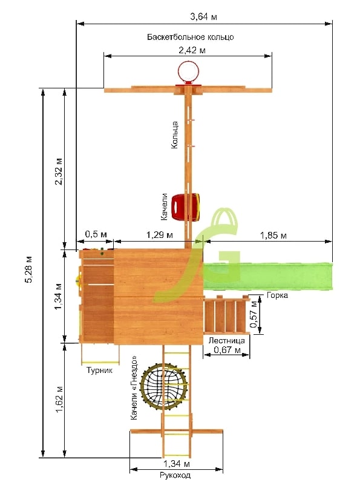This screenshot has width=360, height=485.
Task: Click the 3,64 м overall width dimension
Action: [203, 16]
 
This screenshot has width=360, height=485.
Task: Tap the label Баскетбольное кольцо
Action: [191, 37]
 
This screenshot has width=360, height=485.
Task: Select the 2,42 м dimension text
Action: [192, 50]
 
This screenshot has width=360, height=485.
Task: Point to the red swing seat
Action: [185, 206]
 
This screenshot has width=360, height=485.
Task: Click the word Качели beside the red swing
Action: [164, 206]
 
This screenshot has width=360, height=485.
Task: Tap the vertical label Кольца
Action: [175, 135]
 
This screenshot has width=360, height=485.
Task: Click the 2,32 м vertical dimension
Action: [59, 172]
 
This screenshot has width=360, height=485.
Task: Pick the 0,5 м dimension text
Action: [96, 234]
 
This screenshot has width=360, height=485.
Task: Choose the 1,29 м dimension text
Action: [160, 235]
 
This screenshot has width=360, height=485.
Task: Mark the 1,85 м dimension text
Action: [273, 236]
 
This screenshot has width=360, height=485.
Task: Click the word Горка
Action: [277, 295]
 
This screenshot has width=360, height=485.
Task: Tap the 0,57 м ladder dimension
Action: [254, 314]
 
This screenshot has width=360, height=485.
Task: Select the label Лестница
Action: [226, 340]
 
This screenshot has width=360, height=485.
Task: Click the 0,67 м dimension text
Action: [227, 350]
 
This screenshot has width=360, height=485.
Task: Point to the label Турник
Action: [99, 370]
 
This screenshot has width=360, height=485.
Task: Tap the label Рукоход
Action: [175, 475]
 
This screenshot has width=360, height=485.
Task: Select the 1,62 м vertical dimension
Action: [59, 399]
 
